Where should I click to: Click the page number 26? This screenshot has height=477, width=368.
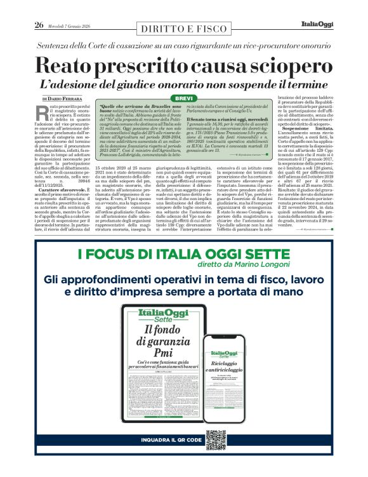coord(38,25)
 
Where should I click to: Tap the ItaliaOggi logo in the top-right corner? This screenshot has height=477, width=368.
coord(315,25)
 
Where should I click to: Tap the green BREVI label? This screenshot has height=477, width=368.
coord(183,98)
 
